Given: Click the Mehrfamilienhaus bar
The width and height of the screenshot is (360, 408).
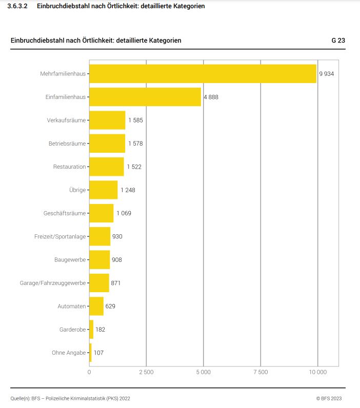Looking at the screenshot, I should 203,73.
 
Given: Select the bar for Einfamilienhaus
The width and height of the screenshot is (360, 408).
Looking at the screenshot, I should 145,97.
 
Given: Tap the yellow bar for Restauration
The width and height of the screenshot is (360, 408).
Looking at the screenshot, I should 107,167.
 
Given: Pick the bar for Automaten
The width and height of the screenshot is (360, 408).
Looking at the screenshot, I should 96,306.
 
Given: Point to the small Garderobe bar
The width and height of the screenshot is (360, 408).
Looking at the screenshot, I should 91,330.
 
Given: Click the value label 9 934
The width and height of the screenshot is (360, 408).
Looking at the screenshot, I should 326,74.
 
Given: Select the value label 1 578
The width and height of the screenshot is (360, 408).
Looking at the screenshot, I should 135,144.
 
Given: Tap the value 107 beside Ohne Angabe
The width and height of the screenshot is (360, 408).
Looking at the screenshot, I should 99,353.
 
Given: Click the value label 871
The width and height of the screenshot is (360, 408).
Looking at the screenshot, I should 116,283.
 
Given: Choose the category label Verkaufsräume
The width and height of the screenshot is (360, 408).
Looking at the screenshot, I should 66,120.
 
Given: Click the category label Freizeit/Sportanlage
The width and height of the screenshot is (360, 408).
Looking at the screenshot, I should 60,236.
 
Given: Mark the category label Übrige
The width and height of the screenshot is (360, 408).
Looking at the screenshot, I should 77,190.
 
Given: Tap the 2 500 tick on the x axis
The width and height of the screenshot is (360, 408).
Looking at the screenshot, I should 146,372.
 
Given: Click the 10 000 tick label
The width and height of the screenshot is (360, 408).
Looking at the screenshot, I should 317,372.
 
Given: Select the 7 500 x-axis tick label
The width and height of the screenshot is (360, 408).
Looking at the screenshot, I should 261,372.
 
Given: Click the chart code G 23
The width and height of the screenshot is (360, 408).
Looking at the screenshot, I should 338,40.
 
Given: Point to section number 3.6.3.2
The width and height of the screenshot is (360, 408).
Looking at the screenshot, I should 18,6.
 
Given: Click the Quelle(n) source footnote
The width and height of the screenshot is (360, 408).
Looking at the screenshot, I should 70,398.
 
